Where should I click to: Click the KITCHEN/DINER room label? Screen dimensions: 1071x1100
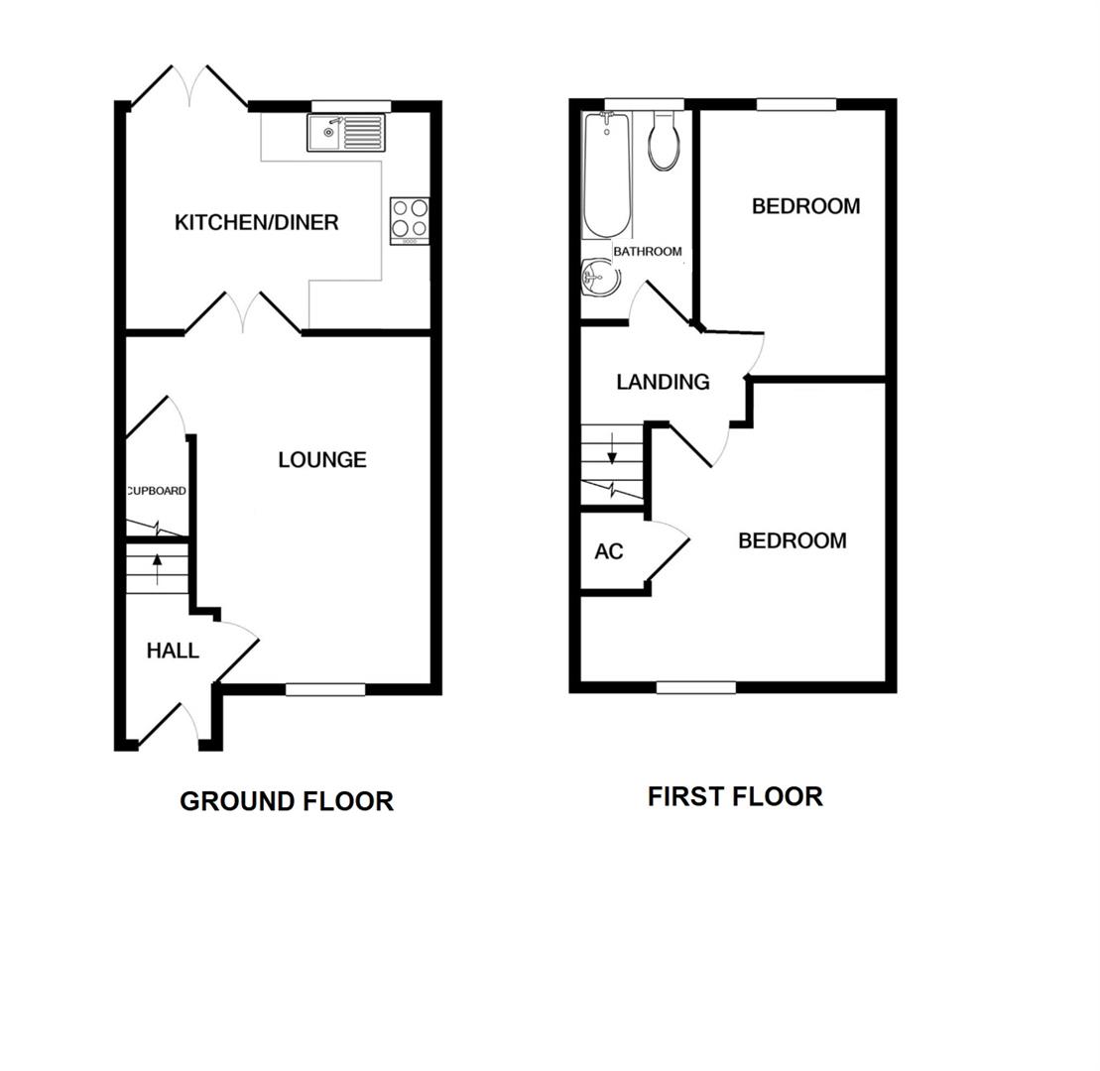click(256, 222)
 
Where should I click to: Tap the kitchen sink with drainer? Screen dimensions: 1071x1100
click(345, 132)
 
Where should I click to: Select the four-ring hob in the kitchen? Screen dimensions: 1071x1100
click(410, 220)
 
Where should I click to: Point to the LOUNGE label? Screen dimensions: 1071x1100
click(322, 459)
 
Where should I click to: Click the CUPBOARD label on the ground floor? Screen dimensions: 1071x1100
click(157, 491)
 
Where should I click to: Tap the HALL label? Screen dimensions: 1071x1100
click(173, 651)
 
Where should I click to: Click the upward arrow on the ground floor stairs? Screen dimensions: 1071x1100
click(157, 567)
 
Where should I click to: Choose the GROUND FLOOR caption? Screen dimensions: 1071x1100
click(286, 801)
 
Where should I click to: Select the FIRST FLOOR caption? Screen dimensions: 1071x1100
click(735, 796)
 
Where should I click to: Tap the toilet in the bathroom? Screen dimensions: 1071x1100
click(664, 141)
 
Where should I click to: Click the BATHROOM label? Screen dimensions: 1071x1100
click(647, 252)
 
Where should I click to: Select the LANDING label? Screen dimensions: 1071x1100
click(663, 382)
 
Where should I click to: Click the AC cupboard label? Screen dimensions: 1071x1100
click(609, 551)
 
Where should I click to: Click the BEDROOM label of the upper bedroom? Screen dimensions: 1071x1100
click(805, 206)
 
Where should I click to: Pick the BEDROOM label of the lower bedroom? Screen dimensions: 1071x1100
click(792, 540)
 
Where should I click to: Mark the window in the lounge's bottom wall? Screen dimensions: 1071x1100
click(325, 689)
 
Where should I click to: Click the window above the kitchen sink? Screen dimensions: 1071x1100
click(351, 106)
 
